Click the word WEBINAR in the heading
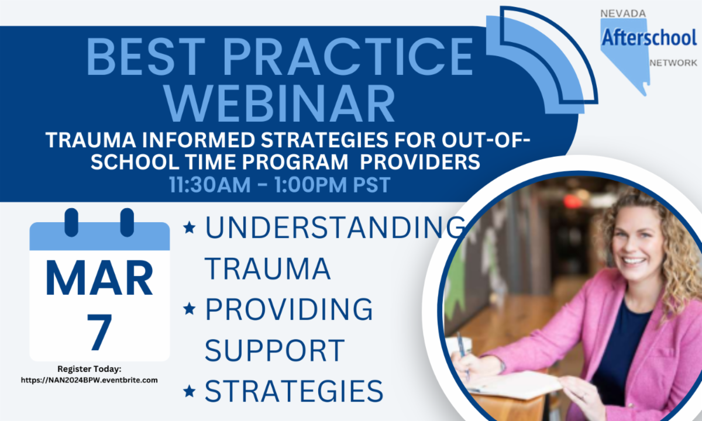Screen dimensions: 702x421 [x=279, y=103]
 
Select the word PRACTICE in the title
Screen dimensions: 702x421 [x=347, y=57]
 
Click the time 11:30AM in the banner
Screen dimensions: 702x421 [x=210, y=185]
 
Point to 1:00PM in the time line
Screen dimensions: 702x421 [x=311, y=185]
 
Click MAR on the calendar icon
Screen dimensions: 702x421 [x=99, y=278]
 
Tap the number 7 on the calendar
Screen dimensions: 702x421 [x=99, y=332]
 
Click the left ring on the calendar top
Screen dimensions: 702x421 [x=71, y=222]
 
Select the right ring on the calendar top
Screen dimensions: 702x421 [x=127, y=222]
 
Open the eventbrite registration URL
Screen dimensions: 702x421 [x=90, y=380]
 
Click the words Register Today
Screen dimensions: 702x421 [x=90, y=369]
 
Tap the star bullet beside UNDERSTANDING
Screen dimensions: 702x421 [x=190, y=227]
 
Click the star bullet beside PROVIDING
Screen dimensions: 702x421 [x=190, y=309]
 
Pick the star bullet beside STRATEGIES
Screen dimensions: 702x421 [x=190, y=391]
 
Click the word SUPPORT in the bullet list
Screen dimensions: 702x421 [x=275, y=350]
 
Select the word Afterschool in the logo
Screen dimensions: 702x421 [x=649, y=37]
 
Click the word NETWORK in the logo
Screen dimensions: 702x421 [x=673, y=63]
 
